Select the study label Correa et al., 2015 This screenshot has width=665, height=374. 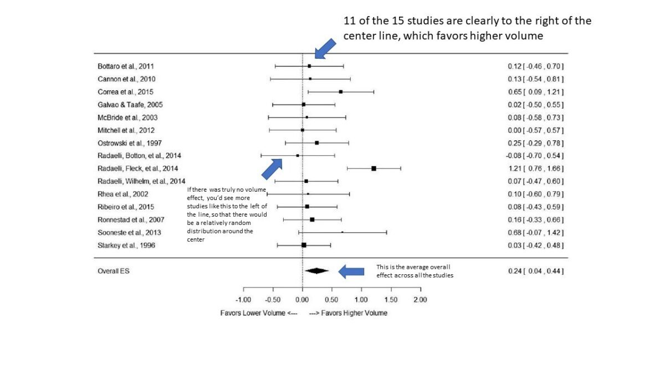(122, 91)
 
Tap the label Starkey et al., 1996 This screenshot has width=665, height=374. (123, 245)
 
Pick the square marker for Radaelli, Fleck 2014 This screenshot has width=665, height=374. (374, 168)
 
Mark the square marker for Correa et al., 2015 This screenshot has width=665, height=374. (340, 91)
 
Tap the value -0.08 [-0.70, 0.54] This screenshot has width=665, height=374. (535, 156)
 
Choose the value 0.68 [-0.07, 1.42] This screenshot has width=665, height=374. (535, 232)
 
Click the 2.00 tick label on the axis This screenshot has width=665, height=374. (420, 299)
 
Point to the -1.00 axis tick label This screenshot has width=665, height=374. (243, 299)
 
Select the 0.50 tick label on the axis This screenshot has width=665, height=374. (331, 299)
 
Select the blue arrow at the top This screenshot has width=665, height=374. (325, 49)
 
